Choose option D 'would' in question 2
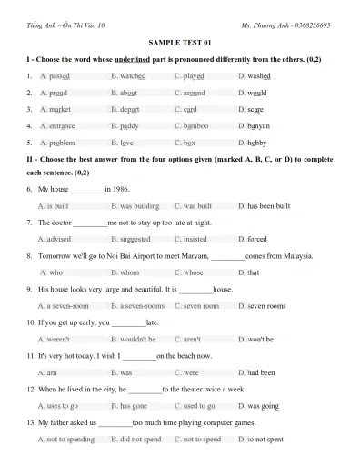coord(257,93)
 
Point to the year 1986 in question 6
coord(118,190)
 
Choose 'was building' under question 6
coord(138,206)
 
